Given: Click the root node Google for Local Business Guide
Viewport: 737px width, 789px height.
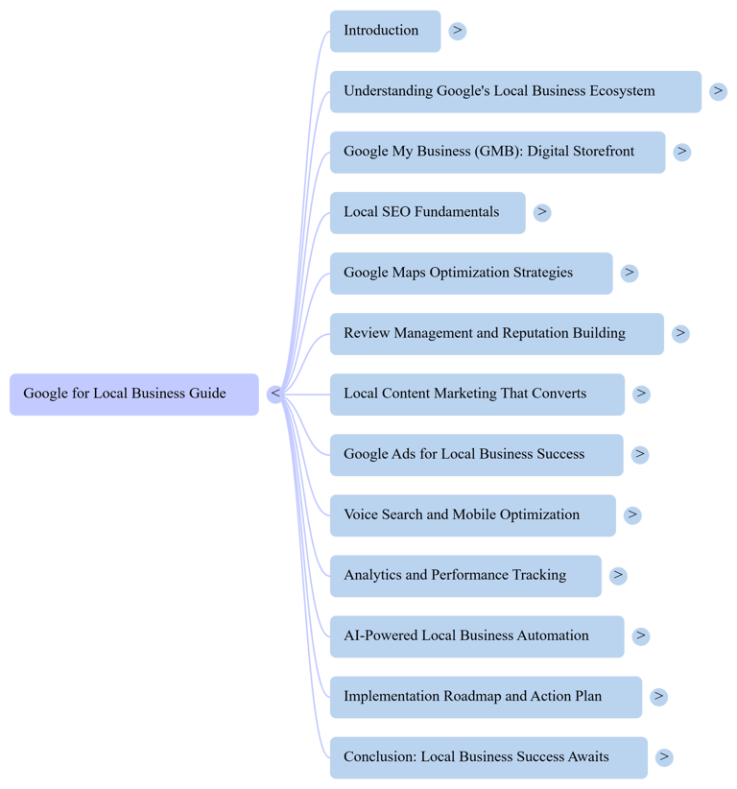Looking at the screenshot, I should click(133, 394).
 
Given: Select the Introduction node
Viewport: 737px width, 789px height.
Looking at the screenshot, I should click(384, 31).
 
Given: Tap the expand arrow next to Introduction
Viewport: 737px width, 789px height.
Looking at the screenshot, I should click(458, 31).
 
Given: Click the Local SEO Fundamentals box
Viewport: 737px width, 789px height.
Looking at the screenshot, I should click(427, 212).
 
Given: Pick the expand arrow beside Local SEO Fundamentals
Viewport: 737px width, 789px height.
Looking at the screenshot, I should click(542, 212).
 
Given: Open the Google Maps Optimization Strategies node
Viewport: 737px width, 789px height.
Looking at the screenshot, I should click(470, 273).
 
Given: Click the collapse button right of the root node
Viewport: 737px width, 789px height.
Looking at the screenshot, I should click(275, 394).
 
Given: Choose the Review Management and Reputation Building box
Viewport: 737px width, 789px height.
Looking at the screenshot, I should click(496, 333).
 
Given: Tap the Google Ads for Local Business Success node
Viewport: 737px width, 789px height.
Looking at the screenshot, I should click(476, 454).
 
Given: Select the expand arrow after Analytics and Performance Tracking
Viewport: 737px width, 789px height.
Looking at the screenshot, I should click(618, 576).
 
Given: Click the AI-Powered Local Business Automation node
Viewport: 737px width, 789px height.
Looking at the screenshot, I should click(476, 636).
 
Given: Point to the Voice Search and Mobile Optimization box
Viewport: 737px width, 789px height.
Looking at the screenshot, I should click(472, 515).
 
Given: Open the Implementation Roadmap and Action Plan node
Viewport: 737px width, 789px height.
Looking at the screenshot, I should click(486, 697).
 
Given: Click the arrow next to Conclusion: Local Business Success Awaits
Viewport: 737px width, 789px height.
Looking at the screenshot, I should click(663, 757).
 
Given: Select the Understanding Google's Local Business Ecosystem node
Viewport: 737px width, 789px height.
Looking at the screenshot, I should click(515, 91).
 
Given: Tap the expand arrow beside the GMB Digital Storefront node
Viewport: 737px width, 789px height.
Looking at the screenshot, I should click(681, 152).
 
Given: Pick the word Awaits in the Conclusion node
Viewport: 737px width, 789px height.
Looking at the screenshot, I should click(587, 757).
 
